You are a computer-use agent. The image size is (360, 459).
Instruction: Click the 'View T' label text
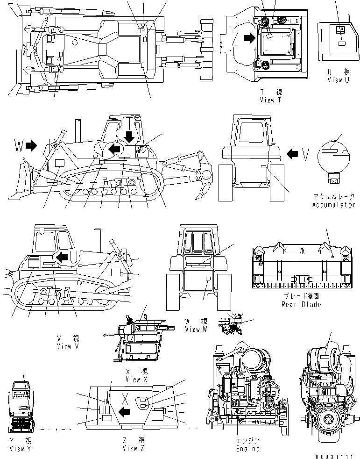pos(270,100)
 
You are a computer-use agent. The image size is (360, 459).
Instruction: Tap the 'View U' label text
pos(338,79)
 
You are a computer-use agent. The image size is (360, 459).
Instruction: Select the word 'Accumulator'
pos(334,205)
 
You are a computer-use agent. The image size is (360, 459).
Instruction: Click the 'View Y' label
pos(21,448)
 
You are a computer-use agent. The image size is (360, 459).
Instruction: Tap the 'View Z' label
pos(133,448)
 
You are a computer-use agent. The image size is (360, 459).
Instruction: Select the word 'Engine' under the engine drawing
pos(247,449)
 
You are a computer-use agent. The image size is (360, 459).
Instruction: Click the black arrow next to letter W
pos(31,146)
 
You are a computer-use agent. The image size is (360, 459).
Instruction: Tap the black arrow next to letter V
pos(292,153)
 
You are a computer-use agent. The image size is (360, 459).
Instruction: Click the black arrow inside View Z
pos(124,412)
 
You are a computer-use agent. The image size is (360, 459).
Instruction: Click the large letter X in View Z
pos(125,398)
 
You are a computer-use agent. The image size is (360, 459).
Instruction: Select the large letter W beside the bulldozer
pos(18,146)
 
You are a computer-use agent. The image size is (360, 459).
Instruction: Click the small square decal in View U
pos(340,29)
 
